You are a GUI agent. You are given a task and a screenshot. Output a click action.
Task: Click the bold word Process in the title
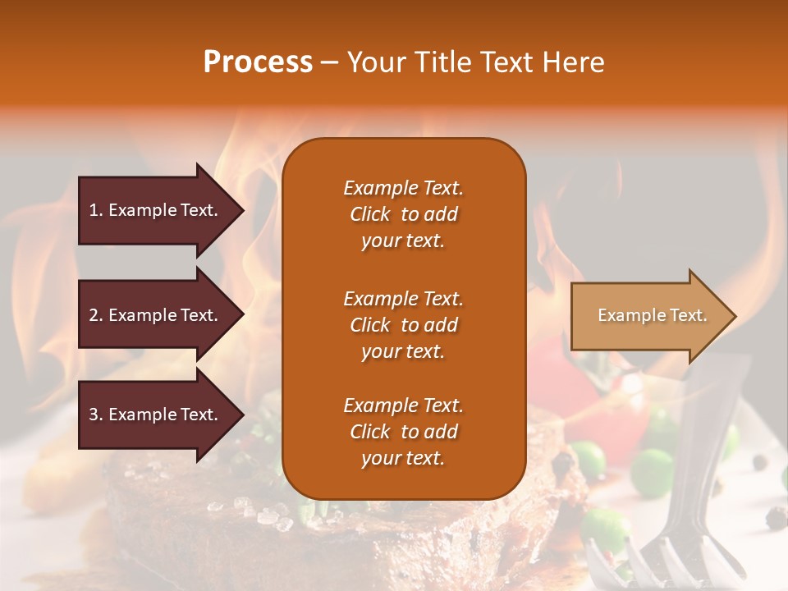click(258, 62)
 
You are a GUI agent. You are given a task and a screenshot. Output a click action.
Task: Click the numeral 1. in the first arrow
click(95, 210)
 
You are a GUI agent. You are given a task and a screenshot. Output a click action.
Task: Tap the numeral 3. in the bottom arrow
click(95, 415)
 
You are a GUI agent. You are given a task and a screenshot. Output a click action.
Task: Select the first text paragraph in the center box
click(403, 214)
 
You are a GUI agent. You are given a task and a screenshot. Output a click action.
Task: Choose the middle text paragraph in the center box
click(403, 325)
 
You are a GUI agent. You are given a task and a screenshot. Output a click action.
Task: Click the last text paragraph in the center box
click(403, 432)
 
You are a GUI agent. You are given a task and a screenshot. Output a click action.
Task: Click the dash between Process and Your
click(330, 63)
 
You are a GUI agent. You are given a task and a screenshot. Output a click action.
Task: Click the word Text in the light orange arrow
click(689, 315)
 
